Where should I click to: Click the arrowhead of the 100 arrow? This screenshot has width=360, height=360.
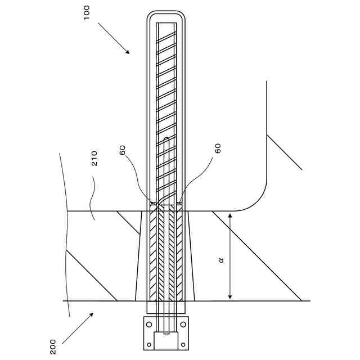click(128, 52)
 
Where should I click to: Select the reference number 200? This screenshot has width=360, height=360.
click(52, 346)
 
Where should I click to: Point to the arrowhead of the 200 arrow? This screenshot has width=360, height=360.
click(92, 314)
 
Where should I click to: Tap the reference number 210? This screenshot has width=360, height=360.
click(94, 159)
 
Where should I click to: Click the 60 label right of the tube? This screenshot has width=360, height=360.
click(218, 148)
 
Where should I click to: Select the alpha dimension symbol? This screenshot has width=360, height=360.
click(220, 260)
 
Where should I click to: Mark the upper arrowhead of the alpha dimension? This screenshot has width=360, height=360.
click(229, 215)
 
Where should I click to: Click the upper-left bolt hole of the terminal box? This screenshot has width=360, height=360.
click(149, 325)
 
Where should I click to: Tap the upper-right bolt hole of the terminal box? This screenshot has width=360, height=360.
click(183, 325)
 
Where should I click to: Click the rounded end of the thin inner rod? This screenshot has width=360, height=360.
click(166, 138)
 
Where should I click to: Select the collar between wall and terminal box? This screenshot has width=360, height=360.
click(166, 308)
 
